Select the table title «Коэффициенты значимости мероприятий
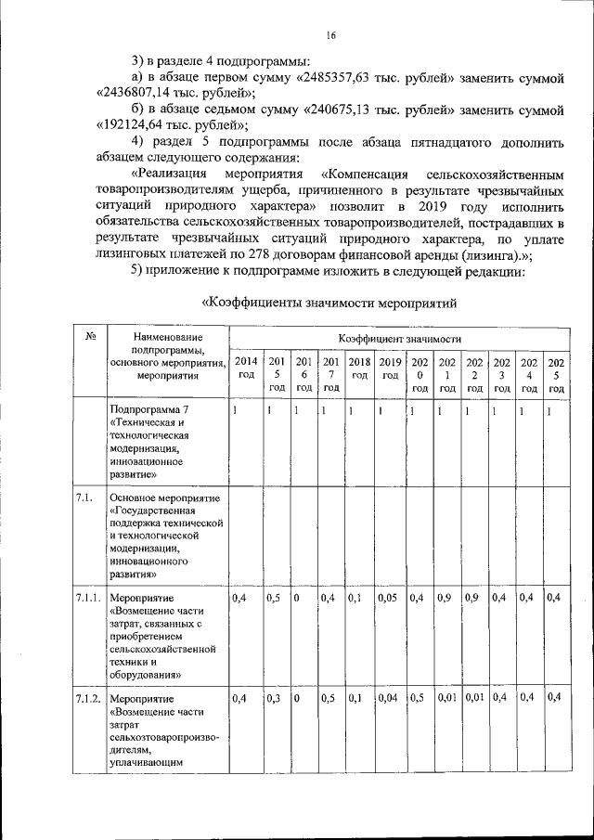329,303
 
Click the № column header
91,338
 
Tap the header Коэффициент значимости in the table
400,340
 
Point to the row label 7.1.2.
89,697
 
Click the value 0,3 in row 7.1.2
275,697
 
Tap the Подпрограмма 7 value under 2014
236,409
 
